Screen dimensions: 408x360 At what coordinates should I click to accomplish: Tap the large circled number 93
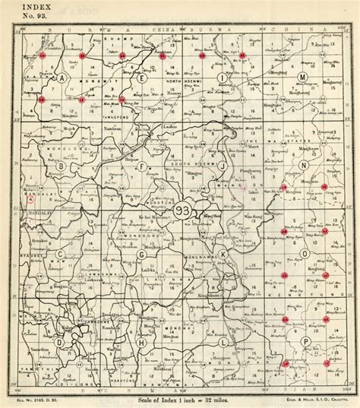182,214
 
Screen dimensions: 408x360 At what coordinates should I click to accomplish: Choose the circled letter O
304,253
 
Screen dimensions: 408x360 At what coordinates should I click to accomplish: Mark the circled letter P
304,341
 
